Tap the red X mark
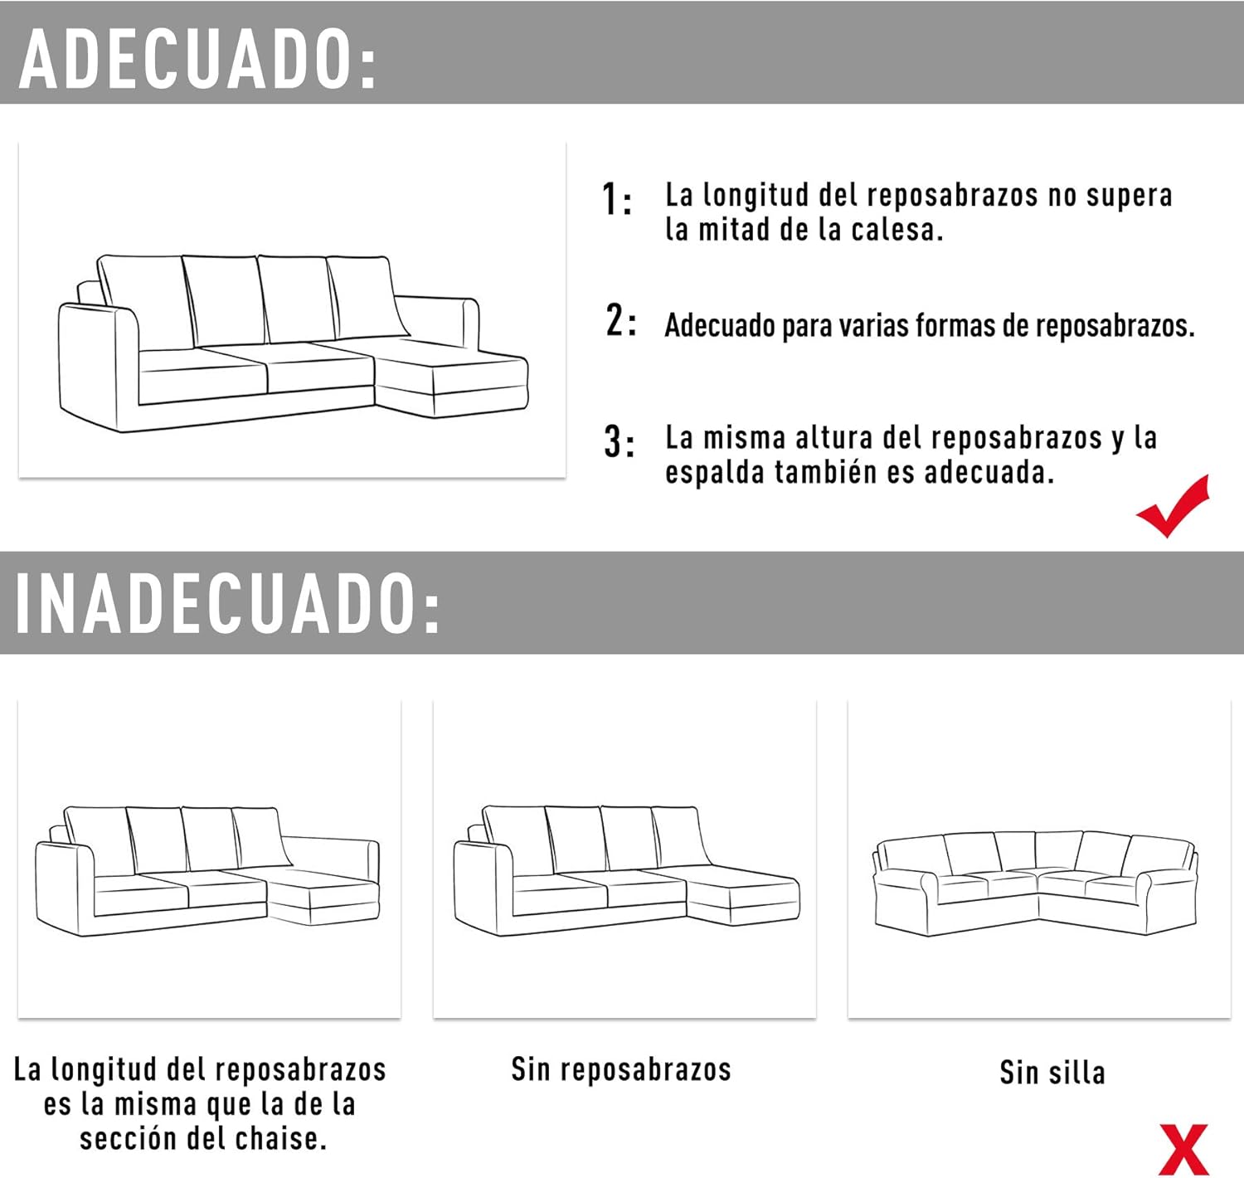(x=1183, y=1149)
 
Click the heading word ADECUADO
(x=197, y=60)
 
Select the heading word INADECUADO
(x=226, y=603)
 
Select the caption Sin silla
(x=1052, y=1072)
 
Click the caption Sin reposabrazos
(x=621, y=1069)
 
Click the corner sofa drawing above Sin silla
(x=1036, y=883)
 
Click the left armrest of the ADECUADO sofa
(x=95, y=365)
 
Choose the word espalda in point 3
(x=714, y=472)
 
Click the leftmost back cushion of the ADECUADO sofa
(x=148, y=300)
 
